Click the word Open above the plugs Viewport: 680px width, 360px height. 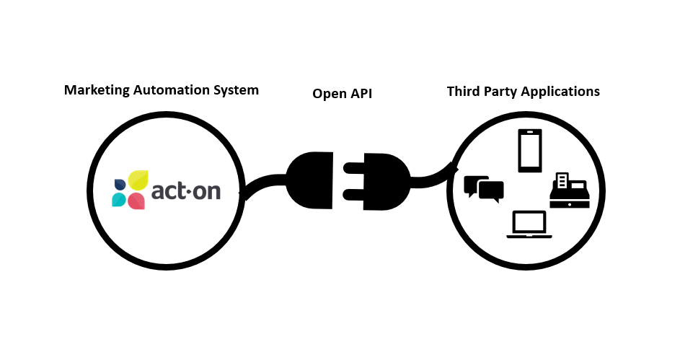(x=328, y=93)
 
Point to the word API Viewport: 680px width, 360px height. (x=360, y=93)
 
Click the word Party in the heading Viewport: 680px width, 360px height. (x=503, y=92)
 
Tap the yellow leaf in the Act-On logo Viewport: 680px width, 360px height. (x=138, y=180)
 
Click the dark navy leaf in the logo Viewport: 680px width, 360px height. (x=120, y=184)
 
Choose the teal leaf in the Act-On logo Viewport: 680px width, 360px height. (x=119, y=200)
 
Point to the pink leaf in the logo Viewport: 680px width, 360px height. (x=136, y=201)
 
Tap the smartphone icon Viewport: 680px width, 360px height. (x=529, y=151)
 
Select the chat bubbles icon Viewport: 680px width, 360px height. (x=484, y=188)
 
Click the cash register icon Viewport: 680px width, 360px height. (x=569, y=190)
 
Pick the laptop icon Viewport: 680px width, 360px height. (x=529, y=224)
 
